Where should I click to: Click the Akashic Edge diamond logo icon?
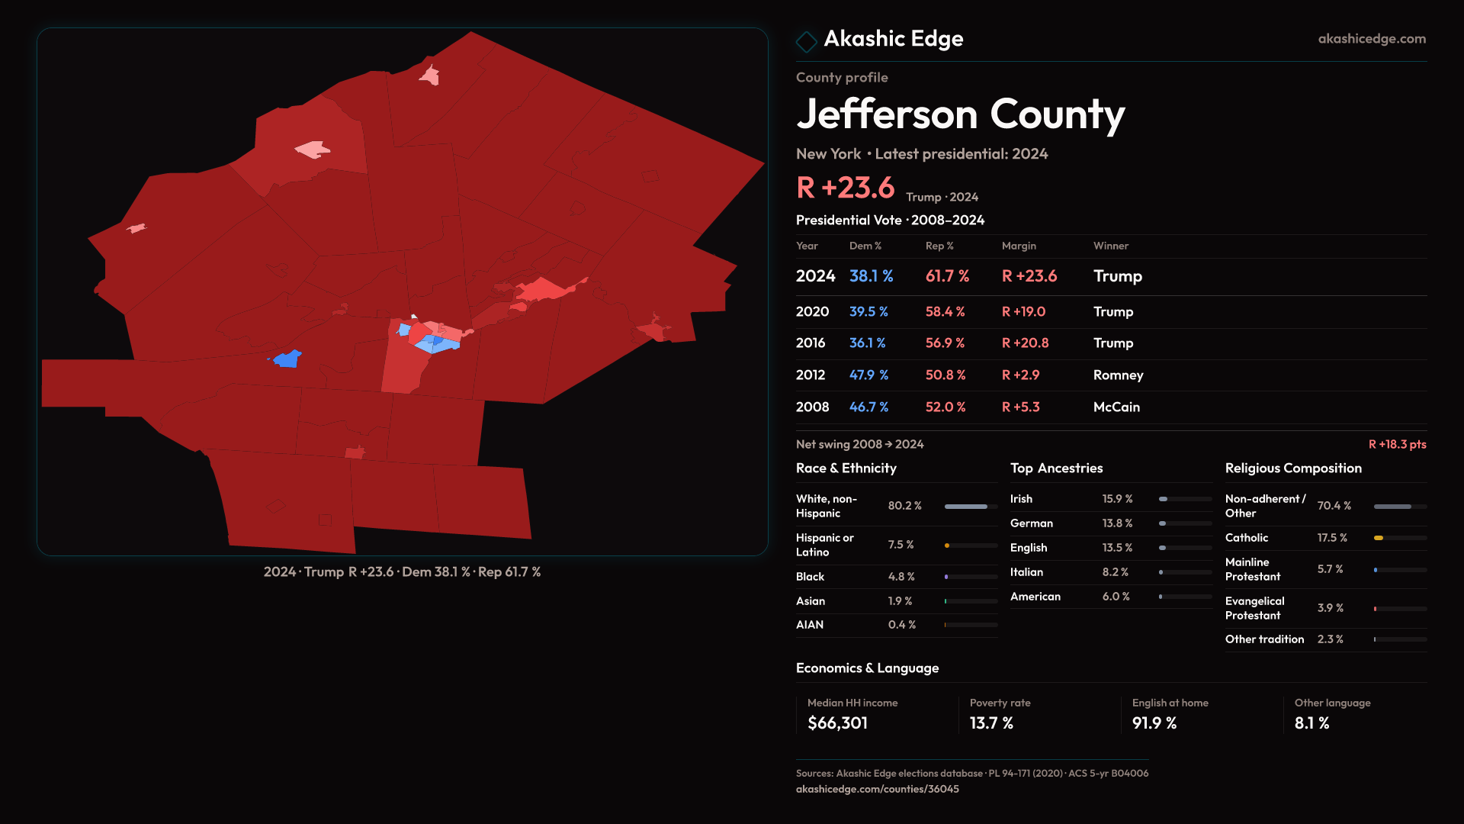806,41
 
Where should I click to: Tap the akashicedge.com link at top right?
1371,39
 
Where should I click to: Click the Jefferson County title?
960,114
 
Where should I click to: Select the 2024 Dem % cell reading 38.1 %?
871,276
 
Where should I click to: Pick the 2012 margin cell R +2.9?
1020,375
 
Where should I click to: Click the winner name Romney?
1118,375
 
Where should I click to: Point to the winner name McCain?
1116,407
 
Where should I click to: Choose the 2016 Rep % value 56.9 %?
945,343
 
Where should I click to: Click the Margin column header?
1019,246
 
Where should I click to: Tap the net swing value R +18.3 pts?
1397,445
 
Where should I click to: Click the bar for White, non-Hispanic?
966,507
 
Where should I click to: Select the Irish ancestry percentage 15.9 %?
1117,499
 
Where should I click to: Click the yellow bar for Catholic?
1379,538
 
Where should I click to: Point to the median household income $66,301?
837,723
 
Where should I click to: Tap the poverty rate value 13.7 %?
991,723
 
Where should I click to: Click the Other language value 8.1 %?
1311,723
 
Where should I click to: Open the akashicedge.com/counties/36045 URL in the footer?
877,789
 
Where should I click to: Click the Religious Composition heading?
1293,468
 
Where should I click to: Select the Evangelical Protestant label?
1254,608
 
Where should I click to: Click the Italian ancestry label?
1026,572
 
